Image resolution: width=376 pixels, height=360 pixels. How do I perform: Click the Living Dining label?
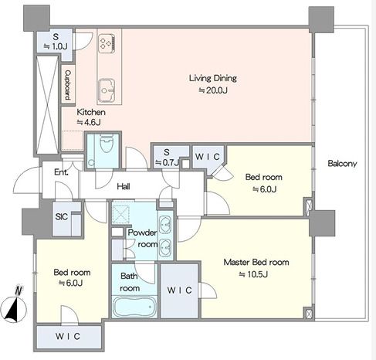pos(213,78)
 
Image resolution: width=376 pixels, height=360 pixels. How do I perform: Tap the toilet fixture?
pos(107,143)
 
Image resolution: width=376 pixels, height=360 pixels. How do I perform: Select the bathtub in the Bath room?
pos(134,307)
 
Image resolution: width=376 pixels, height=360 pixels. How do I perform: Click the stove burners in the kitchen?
pos(107,44)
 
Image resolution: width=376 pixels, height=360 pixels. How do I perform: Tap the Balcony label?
pos(342,163)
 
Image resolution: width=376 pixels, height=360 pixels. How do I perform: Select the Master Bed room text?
pos(256,262)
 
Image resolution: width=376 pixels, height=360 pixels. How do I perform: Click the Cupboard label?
pos(68,85)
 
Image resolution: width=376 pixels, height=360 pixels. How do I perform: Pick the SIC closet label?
pos(62,216)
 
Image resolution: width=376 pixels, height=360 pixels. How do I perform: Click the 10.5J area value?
pos(253,274)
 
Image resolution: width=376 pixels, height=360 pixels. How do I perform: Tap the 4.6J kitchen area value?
pos(89,122)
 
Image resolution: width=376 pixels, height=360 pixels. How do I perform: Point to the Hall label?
pos(124,186)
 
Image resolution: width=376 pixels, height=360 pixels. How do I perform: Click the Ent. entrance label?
pos(61,172)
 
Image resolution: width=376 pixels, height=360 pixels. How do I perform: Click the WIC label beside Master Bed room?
pos(179,290)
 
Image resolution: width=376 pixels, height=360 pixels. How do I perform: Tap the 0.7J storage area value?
pos(167,162)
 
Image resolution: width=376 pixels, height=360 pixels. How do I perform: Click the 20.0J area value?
pos(213,90)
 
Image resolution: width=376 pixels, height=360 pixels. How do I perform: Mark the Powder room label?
pos(143,238)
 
